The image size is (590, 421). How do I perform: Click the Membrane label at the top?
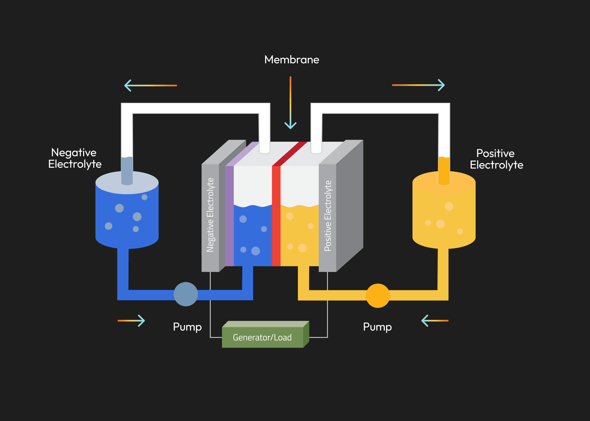click(292, 60)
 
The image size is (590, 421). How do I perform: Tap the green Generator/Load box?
click(262, 337)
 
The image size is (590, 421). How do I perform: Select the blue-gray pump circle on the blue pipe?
click(186, 294)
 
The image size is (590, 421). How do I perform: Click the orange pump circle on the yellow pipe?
click(378, 295)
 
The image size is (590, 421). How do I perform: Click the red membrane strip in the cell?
click(276, 217)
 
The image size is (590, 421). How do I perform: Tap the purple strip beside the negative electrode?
click(229, 217)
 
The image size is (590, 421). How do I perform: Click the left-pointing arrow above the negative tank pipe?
click(151, 86)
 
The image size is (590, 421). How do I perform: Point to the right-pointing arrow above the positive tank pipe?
click(418, 85)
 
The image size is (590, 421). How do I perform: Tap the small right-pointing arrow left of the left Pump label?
click(131, 321)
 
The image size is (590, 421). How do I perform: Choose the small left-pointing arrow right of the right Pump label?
click(435, 321)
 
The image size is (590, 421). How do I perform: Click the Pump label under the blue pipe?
click(187, 327)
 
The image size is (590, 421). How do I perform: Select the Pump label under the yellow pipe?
click(377, 327)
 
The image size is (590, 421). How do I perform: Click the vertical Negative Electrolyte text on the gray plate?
click(210, 215)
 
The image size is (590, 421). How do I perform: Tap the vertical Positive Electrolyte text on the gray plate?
click(328, 216)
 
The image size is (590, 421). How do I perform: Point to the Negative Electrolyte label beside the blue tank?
click(75, 158)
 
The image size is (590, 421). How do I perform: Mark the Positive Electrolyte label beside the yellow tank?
click(496, 159)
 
